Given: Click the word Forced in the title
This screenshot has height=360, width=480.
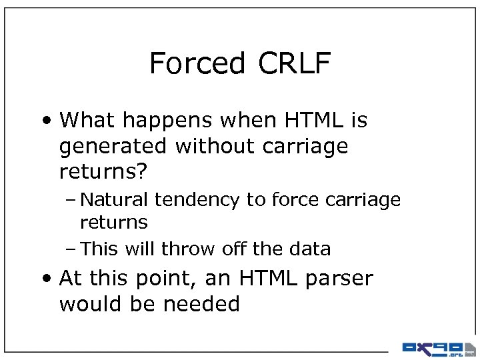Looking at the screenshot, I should (x=197, y=63).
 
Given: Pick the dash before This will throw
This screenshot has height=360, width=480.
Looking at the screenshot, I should (x=71, y=249).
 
